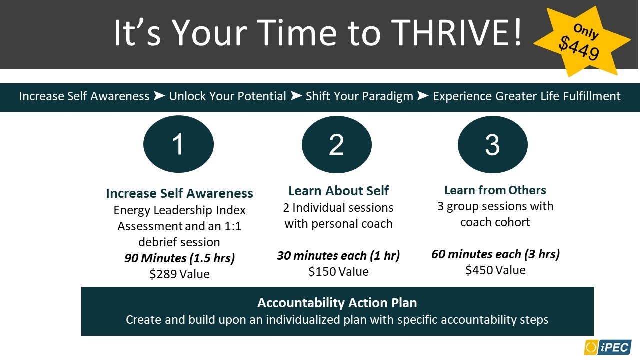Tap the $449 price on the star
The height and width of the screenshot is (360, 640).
[x=579, y=49]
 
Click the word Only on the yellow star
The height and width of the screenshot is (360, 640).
[x=586, y=31]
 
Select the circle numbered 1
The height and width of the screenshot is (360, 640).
[x=178, y=144]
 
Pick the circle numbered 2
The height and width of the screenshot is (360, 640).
[x=337, y=144]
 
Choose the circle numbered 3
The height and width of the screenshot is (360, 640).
[x=493, y=144]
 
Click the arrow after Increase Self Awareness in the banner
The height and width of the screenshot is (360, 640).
[x=159, y=96]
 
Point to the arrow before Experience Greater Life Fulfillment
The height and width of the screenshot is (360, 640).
[x=423, y=96]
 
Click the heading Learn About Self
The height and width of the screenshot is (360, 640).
[x=338, y=191]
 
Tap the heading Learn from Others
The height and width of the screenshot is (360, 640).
[x=495, y=190]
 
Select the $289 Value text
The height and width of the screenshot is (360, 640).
[x=179, y=274]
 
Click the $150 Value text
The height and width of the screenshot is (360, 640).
[x=338, y=271]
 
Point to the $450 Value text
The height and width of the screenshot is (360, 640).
[x=495, y=270]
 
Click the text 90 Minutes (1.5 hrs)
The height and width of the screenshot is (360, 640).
[x=179, y=258]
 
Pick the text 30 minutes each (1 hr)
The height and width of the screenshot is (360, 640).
[x=338, y=255]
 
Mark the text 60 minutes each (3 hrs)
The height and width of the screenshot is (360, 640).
[x=495, y=254]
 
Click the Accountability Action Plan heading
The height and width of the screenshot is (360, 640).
[x=337, y=303]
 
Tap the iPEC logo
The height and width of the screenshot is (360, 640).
[x=607, y=347]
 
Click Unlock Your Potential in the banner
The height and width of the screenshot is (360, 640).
[x=227, y=96]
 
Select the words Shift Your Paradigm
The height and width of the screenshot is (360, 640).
[x=359, y=96]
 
